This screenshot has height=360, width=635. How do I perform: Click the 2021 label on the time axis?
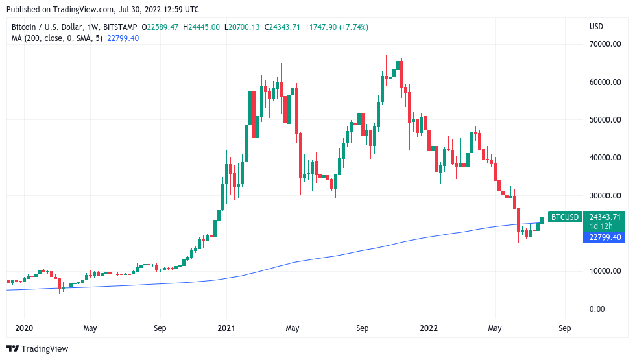[226, 328]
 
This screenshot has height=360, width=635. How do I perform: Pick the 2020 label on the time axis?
[23, 328]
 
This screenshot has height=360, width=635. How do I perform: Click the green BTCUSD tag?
[564, 217]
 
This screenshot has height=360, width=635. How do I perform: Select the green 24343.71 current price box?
[604, 217]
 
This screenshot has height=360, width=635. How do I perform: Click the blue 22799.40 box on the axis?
[604, 237]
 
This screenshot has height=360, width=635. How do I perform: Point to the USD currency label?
[596, 27]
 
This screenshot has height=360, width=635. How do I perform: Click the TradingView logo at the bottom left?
[37, 349]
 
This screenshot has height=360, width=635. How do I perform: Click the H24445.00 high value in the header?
[202, 27]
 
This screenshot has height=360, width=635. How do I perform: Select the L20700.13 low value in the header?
[242, 27]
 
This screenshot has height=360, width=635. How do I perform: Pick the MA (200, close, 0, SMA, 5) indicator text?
[54, 38]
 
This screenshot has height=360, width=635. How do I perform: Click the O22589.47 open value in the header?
[160, 27]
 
